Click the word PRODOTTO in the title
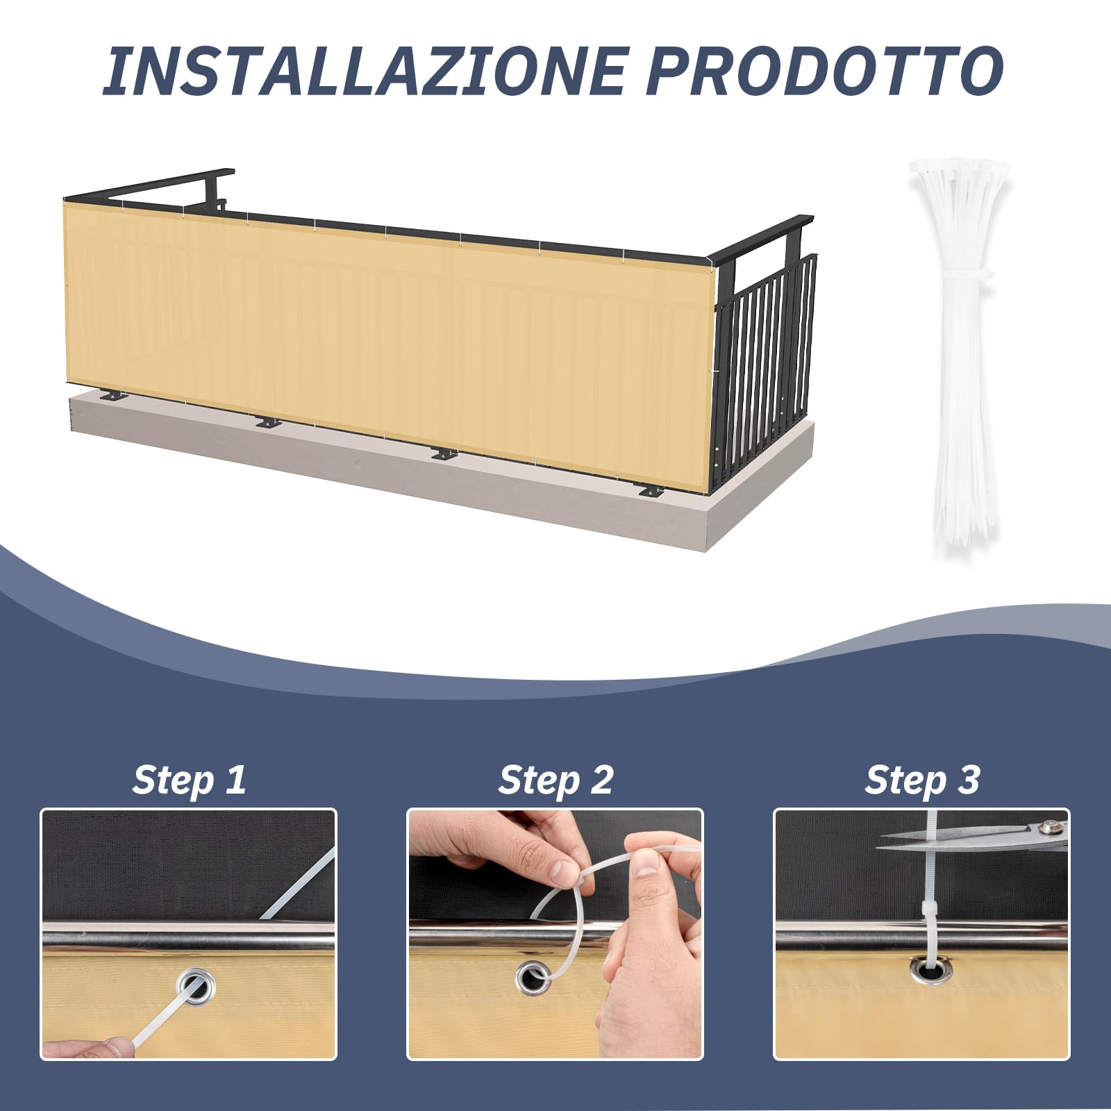pos(825,71)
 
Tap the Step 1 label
pos(189,779)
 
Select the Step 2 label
pos(555,779)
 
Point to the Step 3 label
pos(921,779)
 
